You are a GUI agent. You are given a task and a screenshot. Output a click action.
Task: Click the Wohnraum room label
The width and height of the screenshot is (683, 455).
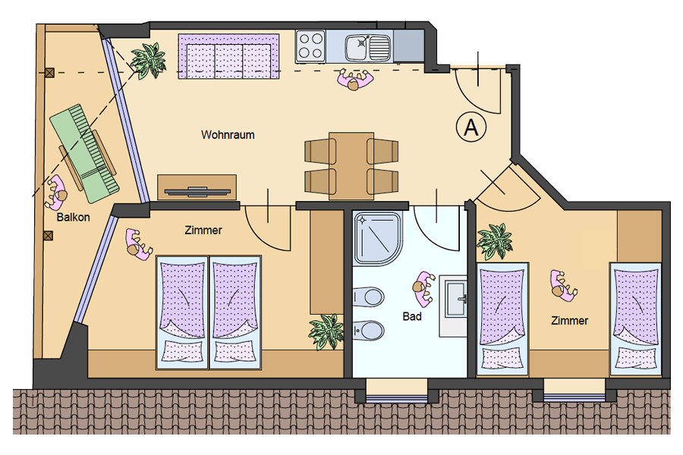[228, 135]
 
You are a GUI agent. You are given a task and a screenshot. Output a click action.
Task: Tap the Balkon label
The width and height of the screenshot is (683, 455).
[73, 217]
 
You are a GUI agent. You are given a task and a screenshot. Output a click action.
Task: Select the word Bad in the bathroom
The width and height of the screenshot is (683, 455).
[411, 316]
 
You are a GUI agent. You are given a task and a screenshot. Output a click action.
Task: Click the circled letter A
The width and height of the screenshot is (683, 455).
[471, 127]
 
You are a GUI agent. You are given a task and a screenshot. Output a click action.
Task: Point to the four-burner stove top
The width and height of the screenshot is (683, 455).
[310, 45]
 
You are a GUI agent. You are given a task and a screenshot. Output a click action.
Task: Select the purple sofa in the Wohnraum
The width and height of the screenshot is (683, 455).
[228, 57]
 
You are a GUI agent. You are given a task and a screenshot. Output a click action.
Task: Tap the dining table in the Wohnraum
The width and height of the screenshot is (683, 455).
[351, 166]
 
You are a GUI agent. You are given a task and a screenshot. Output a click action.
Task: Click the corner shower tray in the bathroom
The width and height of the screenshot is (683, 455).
[377, 239]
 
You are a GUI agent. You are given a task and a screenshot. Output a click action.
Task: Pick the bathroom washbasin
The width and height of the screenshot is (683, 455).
[455, 298]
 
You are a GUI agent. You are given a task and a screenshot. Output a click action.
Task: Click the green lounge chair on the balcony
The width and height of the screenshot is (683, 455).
[84, 153]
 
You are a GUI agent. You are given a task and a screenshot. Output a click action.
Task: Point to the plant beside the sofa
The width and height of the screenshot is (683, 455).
[149, 61]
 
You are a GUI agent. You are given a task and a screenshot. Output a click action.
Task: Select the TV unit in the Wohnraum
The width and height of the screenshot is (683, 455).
[197, 187]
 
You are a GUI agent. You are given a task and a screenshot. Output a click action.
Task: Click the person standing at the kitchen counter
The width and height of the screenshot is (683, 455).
[355, 79]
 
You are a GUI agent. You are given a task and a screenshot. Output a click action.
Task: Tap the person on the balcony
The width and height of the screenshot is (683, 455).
[55, 192]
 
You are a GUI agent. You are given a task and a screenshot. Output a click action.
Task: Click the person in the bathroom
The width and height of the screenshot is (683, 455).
[423, 288]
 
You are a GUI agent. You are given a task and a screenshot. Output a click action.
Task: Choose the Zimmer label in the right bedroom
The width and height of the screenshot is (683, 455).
[569, 321]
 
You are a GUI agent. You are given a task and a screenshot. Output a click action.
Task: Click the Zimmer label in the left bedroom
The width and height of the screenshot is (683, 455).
[203, 230]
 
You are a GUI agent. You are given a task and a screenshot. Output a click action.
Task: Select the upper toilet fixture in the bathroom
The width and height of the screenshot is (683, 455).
[369, 297]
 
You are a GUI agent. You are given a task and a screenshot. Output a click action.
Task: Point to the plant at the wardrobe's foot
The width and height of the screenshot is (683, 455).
[326, 331]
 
